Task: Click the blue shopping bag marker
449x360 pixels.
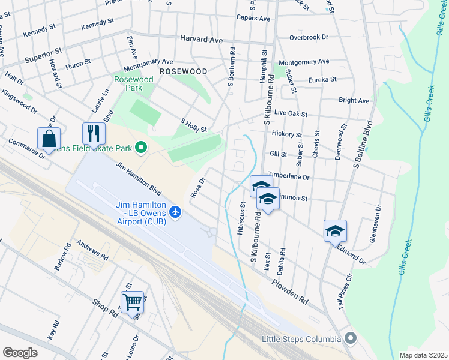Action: pyautogui.click(x=49, y=138)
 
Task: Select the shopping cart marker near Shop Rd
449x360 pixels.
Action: pyautogui.click(x=132, y=301)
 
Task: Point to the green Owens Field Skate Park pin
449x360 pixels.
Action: pyautogui.click(x=142, y=147)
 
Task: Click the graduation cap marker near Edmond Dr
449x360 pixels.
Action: pyautogui.click(x=335, y=230)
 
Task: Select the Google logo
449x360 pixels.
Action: pyautogui.click(x=20, y=353)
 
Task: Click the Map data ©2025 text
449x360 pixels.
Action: pyautogui.click(x=423, y=355)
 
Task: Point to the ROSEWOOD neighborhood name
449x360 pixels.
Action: pyautogui.click(x=184, y=71)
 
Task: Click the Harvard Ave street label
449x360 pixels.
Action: pyautogui.click(x=202, y=39)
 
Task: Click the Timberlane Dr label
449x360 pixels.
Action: pyautogui.click(x=289, y=177)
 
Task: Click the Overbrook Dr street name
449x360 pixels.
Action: pyautogui.click(x=309, y=37)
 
